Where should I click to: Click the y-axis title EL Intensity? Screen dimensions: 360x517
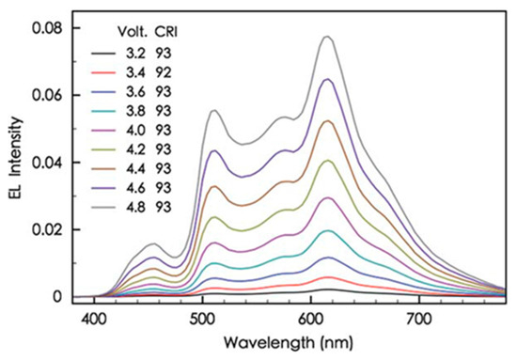click(13, 155)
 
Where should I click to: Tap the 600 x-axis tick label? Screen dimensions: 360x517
click(312, 320)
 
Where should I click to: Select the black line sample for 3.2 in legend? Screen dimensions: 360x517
click(98, 55)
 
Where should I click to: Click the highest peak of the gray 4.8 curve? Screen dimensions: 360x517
click(327, 37)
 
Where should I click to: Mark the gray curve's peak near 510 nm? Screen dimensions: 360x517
click(214, 110)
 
